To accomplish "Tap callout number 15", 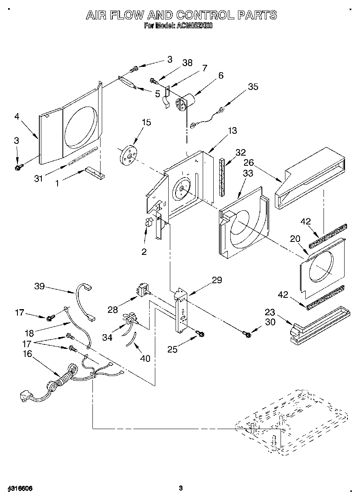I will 146,122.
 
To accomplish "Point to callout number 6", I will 221,75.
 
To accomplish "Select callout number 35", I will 253,87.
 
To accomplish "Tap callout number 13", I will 232,130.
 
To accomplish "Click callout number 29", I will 217,280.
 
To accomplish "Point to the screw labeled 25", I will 200,333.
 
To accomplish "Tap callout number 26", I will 249,162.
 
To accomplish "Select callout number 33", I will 248,173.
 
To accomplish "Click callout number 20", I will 295,239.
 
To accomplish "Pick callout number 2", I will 144,252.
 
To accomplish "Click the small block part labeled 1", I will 94,173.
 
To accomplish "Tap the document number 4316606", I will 20,488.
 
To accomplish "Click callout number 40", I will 145,358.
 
